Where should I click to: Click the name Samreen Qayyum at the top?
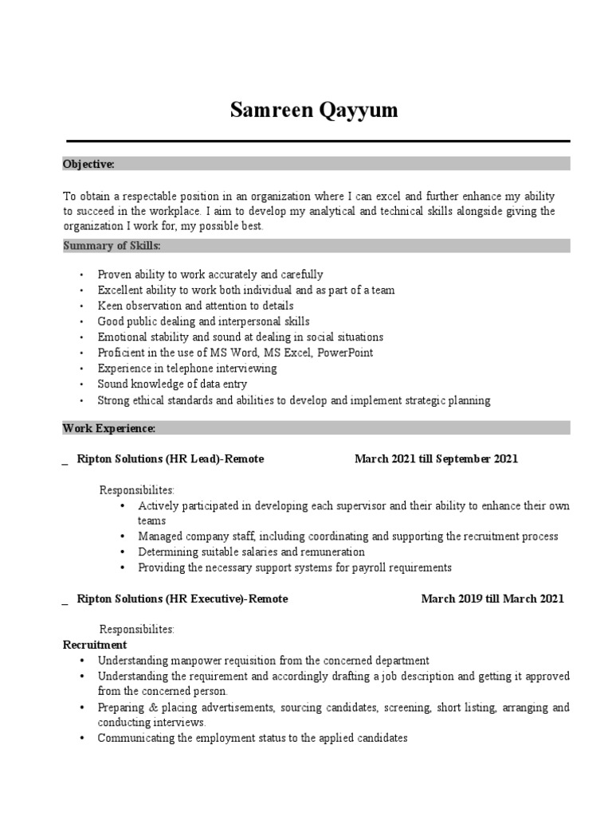tap(313, 111)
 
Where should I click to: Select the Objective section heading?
tap(88, 164)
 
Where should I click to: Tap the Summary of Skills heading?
tap(112, 245)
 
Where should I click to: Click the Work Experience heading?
tap(108, 428)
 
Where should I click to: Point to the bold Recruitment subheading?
tap(95, 645)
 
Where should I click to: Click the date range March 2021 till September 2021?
tap(436, 459)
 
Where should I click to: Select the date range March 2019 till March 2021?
tap(492, 599)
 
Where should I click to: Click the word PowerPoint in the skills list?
tap(345, 353)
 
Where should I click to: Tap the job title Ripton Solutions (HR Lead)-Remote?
tap(170, 459)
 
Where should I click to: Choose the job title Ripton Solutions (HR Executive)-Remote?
tap(182, 599)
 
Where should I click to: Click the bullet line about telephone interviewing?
tap(187, 369)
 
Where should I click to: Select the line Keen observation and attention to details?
tap(195, 306)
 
